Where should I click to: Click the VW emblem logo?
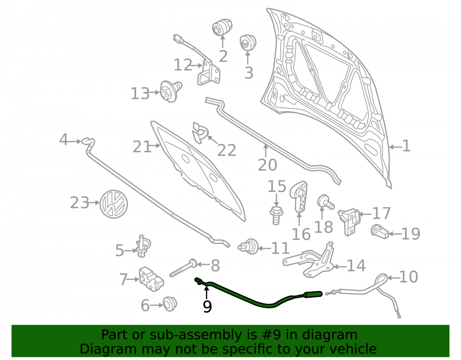[114, 204]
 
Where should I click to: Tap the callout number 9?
[207, 307]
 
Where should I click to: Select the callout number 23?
[79, 203]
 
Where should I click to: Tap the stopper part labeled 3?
[248, 43]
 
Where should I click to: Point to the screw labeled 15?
[276, 215]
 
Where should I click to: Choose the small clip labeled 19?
[380, 231]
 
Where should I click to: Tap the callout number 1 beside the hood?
[406, 146]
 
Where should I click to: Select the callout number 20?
[267, 165]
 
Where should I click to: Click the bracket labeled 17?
[349, 221]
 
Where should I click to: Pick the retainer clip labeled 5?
[142, 246]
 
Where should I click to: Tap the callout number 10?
[408, 277]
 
